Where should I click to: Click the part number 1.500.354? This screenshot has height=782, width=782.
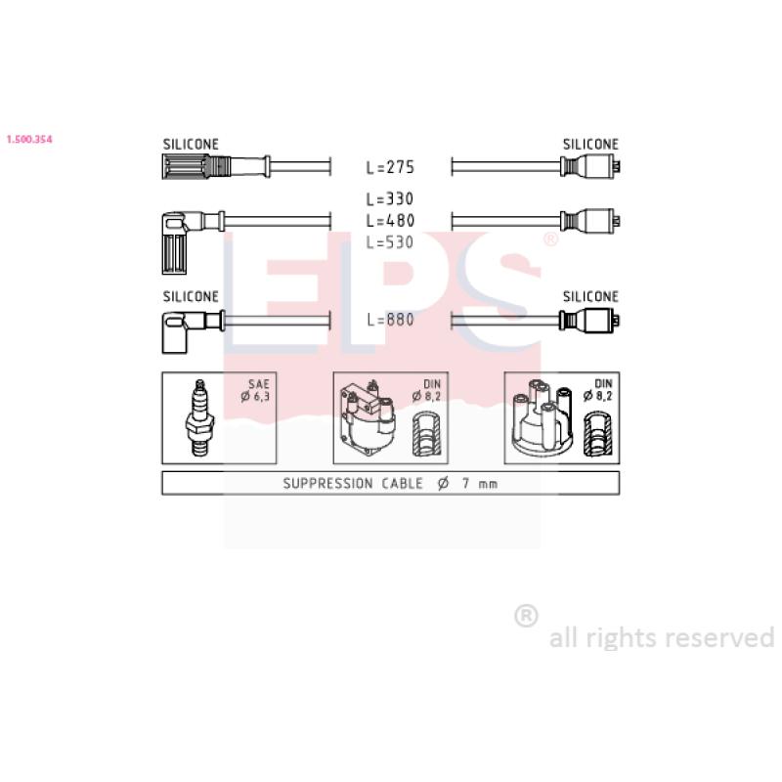click(29, 139)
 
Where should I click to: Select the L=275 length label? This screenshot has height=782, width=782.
click(390, 167)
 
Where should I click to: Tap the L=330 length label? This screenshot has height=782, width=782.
click(390, 199)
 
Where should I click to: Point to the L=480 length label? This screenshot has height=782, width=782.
click(390, 221)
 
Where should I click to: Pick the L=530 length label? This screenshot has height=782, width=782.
click(390, 242)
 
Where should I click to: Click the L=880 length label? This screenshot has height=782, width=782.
click(390, 320)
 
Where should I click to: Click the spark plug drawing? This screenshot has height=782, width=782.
click(200, 418)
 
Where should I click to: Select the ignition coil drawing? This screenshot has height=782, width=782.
click(368, 418)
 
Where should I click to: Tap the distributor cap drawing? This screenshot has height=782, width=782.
click(543, 418)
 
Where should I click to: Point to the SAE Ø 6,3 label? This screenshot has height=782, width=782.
click(255, 390)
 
